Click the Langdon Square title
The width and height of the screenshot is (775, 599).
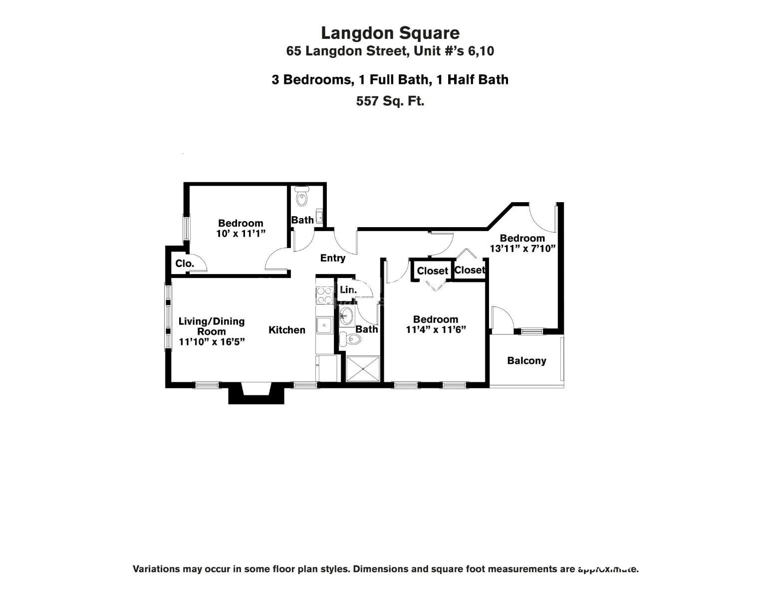pos(390,33)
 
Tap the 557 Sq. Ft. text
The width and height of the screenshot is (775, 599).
pos(390,101)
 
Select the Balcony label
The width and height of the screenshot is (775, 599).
pos(526,361)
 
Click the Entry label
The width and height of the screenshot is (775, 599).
pos(332,258)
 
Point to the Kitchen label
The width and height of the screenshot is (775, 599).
pos(287,330)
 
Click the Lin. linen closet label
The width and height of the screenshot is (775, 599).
pos(348,290)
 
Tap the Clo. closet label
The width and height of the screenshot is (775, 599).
pos(184,264)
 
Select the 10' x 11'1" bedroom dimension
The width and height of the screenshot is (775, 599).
pos(241,234)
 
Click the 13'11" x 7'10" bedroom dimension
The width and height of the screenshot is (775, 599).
pos(522,249)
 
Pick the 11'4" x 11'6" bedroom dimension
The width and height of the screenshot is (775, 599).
pos(436,330)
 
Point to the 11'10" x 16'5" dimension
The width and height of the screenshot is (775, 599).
pos(212,342)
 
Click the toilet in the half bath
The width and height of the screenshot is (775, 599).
pos(302,197)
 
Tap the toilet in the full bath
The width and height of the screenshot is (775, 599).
pos(350,340)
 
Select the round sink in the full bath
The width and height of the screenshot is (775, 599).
pos(346,316)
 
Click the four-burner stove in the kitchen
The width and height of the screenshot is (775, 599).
pos(324,295)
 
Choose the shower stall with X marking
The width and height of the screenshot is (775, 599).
pos(363,369)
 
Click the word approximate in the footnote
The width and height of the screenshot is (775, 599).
pos(608,569)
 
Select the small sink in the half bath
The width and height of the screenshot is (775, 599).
pos(319,217)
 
